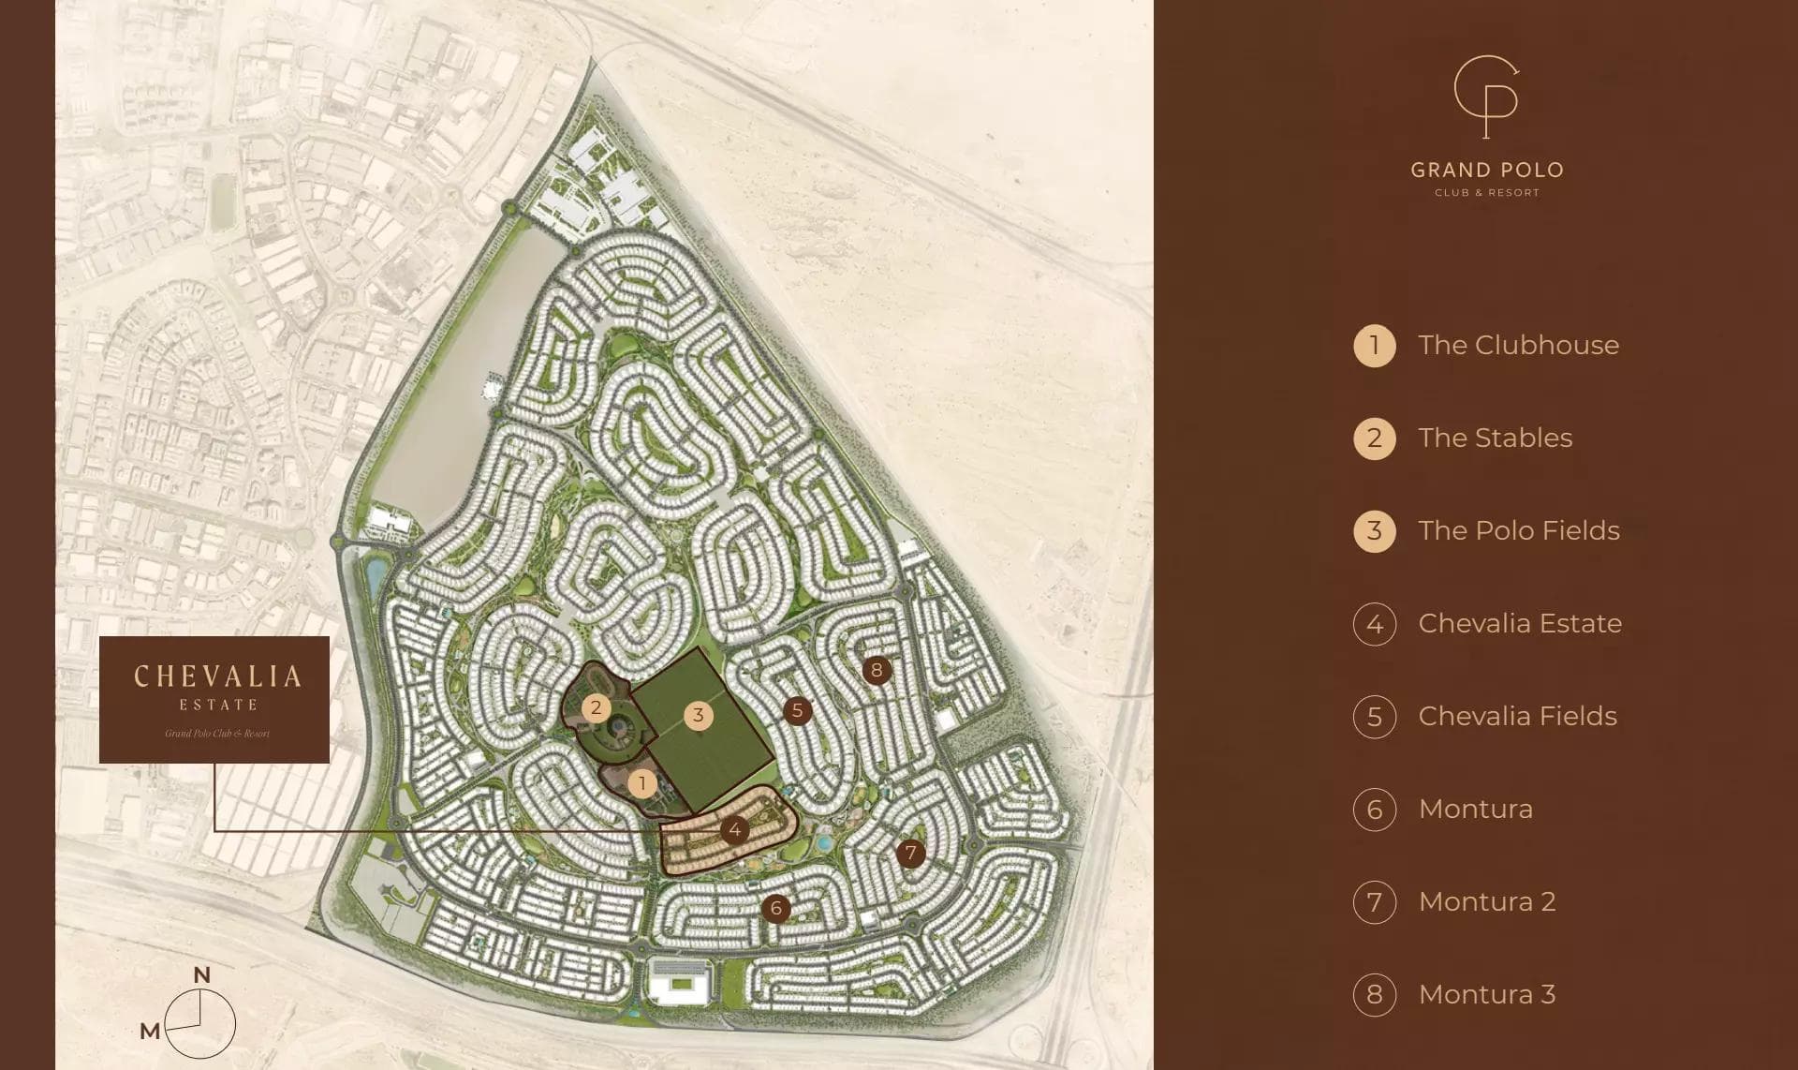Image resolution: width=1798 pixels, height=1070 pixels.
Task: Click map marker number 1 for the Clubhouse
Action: click(x=642, y=782)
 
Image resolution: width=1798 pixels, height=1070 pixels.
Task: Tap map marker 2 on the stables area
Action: click(x=596, y=707)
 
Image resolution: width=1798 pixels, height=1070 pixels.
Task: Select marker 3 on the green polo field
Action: click(x=698, y=716)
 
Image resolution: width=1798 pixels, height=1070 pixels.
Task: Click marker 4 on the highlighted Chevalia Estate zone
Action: click(x=735, y=829)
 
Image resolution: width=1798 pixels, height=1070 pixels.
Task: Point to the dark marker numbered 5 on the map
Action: click(x=797, y=710)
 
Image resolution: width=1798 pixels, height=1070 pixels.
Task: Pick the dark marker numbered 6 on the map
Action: click(x=775, y=908)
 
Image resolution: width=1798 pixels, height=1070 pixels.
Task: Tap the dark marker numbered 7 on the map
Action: click(x=910, y=853)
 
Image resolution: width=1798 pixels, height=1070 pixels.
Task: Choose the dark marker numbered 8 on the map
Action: click(x=877, y=670)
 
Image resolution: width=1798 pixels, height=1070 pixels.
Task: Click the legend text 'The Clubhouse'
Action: click(x=1518, y=345)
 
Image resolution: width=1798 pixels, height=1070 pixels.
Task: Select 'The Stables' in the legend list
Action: click(x=1495, y=438)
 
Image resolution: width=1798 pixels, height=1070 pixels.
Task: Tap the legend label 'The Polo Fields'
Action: click(x=1518, y=530)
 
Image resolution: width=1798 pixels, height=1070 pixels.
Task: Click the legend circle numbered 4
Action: click(x=1374, y=624)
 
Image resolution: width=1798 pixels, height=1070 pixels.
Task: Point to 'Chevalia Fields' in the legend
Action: click(x=1517, y=716)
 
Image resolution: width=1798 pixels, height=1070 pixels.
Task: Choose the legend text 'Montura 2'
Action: click(x=1486, y=901)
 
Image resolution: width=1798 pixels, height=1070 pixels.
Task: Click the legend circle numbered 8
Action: click(x=1374, y=994)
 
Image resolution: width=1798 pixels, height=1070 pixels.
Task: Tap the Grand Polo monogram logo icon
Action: click(x=1486, y=97)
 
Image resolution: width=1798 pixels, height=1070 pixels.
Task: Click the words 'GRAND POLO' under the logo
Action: click(x=1487, y=171)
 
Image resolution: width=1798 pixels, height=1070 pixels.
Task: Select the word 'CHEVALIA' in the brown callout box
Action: click(x=217, y=676)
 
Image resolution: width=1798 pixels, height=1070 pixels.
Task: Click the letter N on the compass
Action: click(x=201, y=974)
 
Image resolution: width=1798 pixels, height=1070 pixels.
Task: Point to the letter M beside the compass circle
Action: click(x=150, y=1031)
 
